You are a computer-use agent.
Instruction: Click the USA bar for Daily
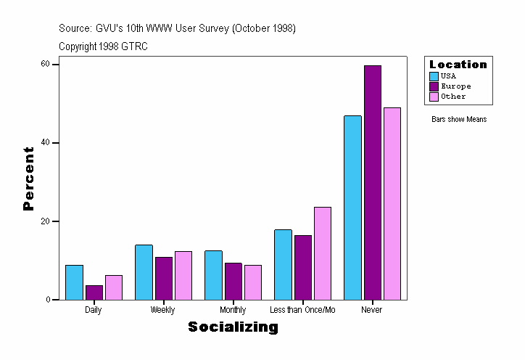pos(74,282)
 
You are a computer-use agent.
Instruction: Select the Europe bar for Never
pos(373,182)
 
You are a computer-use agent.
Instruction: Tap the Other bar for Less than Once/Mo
pos(323,253)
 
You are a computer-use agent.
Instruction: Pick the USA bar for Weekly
pos(144,272)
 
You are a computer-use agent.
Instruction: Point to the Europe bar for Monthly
pos(233,281)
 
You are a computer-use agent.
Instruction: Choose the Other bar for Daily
pos(113,287)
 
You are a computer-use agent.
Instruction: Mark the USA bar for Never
pos(352,208)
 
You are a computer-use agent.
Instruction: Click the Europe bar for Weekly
pos(163,278)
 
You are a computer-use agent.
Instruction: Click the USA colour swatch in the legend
pos(434,76)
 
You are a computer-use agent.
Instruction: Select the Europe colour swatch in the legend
pos(434,86)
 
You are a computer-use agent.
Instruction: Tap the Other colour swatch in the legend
pos(434,97)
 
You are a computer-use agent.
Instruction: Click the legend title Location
pos(458,65)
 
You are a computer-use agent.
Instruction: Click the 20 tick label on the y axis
pos(45,221)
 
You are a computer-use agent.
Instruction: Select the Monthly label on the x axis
pos(233,310)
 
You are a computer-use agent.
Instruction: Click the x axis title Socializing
pos(233,327)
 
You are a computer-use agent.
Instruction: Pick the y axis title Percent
pos(29,179)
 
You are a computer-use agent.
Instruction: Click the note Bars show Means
pos(459,119)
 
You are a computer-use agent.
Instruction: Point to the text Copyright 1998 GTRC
pos(104,46)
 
